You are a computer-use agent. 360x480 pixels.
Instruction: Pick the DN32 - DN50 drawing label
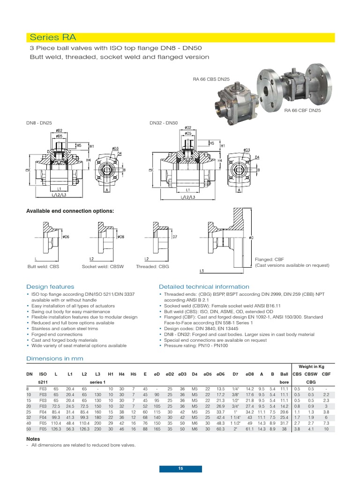coord(164,123)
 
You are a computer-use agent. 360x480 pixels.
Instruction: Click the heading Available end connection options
coord(70,211)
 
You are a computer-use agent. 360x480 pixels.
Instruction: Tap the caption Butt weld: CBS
coord(43,266)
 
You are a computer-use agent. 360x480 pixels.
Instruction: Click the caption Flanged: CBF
coord(269,259)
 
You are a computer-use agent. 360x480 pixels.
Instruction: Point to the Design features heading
coord(50,286)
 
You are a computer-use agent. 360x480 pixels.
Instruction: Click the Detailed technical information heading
coord(204,286)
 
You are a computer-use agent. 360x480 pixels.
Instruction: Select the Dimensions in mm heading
coord(54,359)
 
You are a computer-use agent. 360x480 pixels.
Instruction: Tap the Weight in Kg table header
coord(315,366)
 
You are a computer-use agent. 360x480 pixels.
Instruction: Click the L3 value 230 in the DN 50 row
coord(97,428)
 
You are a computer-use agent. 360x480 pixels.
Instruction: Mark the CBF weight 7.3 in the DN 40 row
coord(326,422)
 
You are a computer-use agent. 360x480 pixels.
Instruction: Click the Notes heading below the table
coord(33,439)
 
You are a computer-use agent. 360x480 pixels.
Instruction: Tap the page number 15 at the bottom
coord(180,469)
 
